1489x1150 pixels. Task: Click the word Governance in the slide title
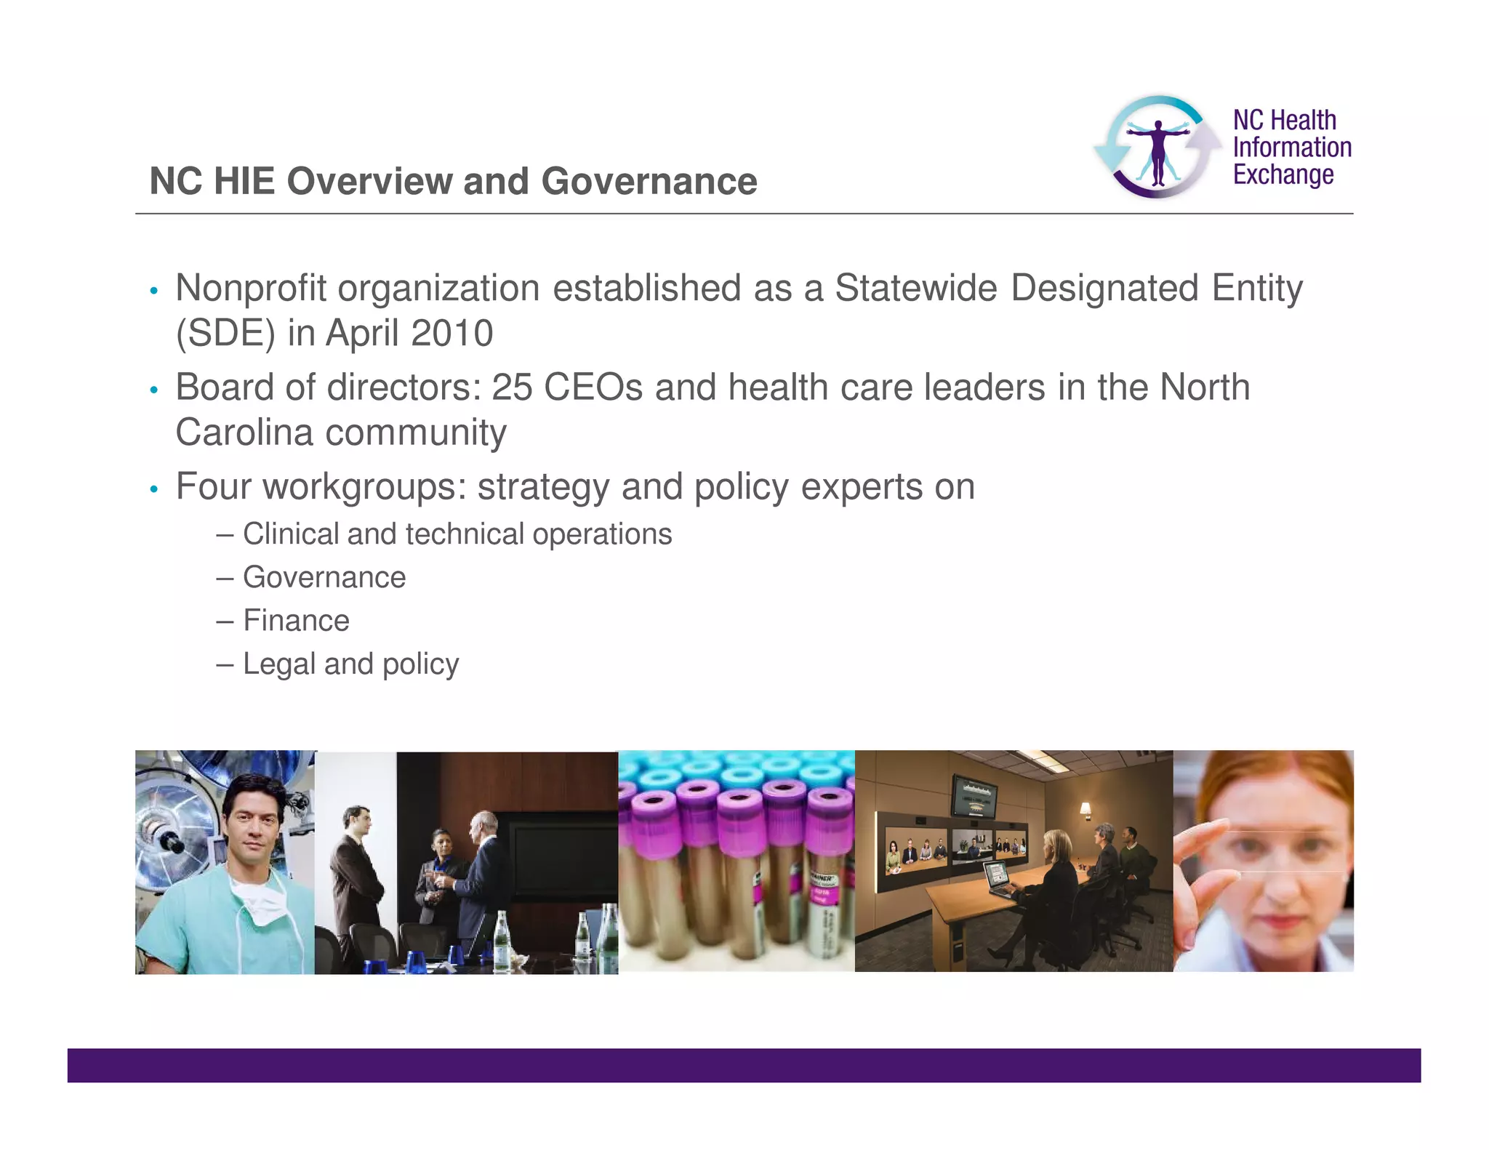[649, 181]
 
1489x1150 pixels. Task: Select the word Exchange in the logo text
[1283, 175]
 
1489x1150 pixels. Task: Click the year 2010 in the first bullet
[451, 334]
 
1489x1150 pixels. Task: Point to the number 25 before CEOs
[512, 387]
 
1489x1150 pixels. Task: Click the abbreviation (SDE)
[225, 334]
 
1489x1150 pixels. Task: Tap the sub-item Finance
[296, 621]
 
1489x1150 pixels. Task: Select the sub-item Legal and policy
[350, 664]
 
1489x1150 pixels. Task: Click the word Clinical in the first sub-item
[291, 534]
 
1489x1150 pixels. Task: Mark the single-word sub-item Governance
[324, 578]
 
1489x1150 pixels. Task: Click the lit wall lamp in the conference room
[1085, 808]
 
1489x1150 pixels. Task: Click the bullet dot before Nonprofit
[153, 291]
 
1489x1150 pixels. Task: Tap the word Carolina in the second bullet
[244, 433]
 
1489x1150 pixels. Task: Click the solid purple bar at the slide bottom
[744, 1065]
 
